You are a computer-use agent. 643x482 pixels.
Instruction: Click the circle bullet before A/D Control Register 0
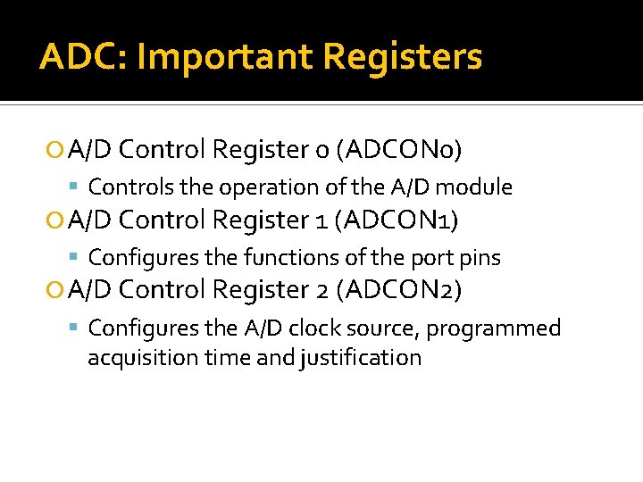56,151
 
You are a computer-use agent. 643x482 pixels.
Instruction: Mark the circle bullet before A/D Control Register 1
56,220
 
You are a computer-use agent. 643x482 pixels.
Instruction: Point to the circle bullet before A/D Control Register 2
56,290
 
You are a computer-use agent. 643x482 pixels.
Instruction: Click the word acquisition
133,358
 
